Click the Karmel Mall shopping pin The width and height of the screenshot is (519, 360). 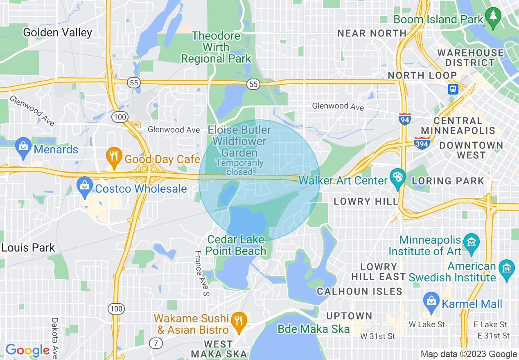[x=432, y=302]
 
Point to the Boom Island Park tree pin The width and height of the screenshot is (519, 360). [x=493, y=17]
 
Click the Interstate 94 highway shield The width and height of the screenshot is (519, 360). [x=404, y=119]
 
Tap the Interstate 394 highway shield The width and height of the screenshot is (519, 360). [x=422, y=143]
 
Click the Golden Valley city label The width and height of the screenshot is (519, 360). [x=57, y=32]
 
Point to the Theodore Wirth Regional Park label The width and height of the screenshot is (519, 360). [x=216, y=47]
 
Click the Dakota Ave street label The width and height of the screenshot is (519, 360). [x=55, y=338]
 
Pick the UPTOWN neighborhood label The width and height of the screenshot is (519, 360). [x=349, y=316]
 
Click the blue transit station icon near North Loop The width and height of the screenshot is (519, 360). [x=453, y=89]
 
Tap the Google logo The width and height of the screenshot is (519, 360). [x=27, y=350]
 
